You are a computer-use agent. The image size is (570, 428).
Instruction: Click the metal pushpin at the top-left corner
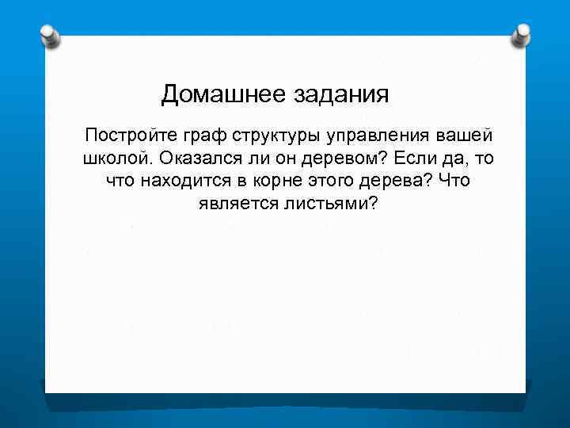pos(49,36)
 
